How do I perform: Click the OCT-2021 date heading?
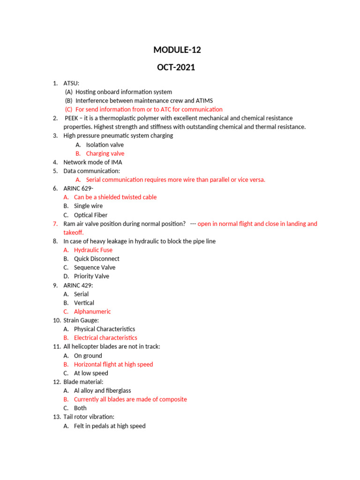[x=176, y=67]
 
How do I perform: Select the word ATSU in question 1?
[x=71, y=83]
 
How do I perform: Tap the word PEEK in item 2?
[x=71, y=118]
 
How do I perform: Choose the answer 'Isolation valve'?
[x=105, y=145]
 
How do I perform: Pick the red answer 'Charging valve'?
[x=105, y=153]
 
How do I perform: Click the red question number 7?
[x=55, y=224]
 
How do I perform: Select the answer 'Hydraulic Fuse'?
[x=93, y=250]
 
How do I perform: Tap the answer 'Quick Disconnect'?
[x=97, y=259]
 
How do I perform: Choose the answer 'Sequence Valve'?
[x=94, y=268]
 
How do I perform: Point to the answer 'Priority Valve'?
[x=91, y=276]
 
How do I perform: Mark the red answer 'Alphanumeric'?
[x=92, y=311]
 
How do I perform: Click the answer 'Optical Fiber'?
[x=90, y=215]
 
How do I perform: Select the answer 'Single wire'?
[x=88, y=206]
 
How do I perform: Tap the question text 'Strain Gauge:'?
[x=81, y=320]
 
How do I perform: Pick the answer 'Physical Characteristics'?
[x=104, y=329]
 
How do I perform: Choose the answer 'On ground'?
[x=88, y=355]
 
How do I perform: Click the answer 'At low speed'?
[x=91, y=373]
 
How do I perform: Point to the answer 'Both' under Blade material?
[x=80, y=408]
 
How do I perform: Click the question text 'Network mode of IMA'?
[x=93, y=162]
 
